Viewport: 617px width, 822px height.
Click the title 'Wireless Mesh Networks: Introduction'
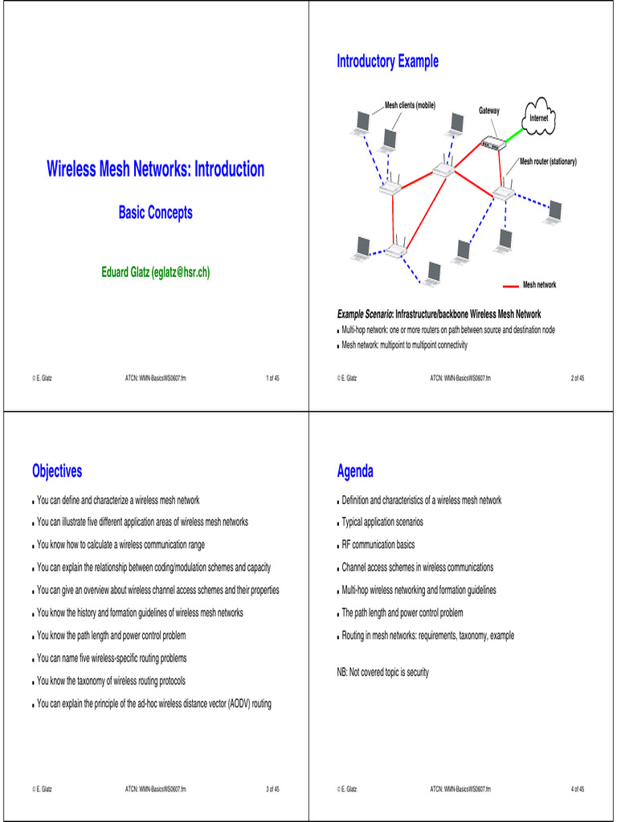pyautogui.click(x=155, y=169)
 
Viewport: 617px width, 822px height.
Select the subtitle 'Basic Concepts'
pyautogui.click(x=155, y=213)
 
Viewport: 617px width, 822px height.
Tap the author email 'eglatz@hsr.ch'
pyautogui.click(x=181, y=272)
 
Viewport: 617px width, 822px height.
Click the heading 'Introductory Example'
pyautogui.click(x=387, y=62)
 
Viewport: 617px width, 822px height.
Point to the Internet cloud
pyautogui.click(x=539, y=116)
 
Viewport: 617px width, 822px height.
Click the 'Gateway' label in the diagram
pyautogui.click(x=489, y=110)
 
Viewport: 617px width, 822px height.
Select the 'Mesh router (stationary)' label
pyautogui.click(x=548, y=161)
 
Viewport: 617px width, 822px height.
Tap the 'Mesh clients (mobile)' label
pyautogui.click(x=410, y=105)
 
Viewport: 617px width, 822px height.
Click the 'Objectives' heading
pyautogui.click(x=57, y=471)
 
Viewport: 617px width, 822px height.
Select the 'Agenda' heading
pyautogui.click(x=355, y=471)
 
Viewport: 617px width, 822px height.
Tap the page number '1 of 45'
pyautogui.click(x=272, y=377)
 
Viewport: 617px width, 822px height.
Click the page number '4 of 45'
pyautogui.click(x=577, y=789)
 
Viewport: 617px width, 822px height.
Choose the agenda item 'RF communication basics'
pyautogui.click(x=378, y=544)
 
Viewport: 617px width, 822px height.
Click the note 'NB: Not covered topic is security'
pyautogui.click(x=382, y=672)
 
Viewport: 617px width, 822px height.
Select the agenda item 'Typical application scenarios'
pyautogui.click(x=382, y=522)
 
